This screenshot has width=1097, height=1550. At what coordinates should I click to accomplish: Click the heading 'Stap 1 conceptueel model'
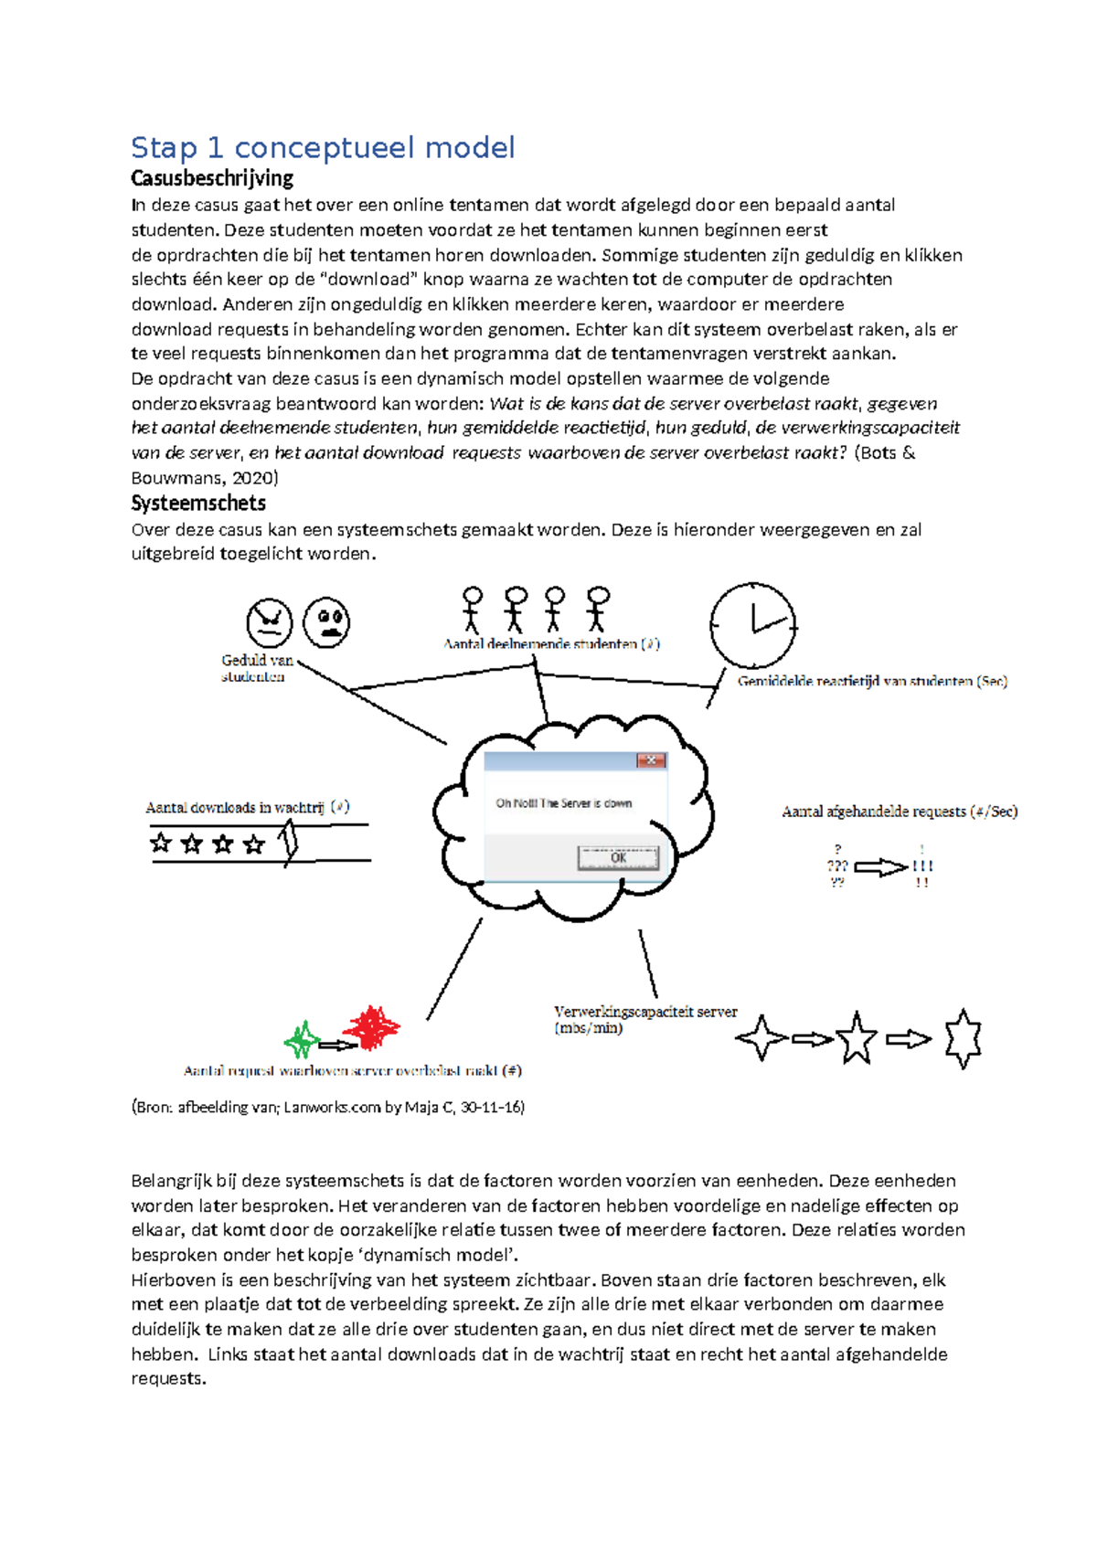point(323,147)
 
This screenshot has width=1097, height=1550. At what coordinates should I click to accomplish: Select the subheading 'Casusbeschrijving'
point(212,177)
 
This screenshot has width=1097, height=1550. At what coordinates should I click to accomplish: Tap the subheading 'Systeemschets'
point(198,503)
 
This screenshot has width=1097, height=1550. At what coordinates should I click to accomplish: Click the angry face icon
point(269,622)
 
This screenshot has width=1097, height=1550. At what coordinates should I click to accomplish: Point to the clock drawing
point(753,626)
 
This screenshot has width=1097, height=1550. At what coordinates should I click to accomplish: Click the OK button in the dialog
point(618,857)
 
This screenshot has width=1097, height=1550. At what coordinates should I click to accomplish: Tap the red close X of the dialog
point(651,759)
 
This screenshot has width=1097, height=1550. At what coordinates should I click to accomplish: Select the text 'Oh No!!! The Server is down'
point(563,803)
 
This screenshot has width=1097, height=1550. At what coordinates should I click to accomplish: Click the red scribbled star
point(371,1028)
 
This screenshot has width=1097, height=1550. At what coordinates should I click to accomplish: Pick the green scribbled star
point(302,1040)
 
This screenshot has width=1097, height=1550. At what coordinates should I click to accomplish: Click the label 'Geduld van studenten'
point(256,668)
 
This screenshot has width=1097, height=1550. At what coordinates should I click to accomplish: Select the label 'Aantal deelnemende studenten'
point(551,643)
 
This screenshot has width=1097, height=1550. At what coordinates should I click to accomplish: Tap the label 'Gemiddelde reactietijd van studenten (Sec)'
point(872,681)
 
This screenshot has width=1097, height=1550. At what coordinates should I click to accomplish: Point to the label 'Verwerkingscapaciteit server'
point(644,1019)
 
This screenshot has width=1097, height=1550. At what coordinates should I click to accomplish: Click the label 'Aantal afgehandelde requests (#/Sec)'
point(900,811)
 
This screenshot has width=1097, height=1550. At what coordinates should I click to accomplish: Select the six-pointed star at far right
point(963,1038)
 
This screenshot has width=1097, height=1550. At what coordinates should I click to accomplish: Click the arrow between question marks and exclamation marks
point(880,867)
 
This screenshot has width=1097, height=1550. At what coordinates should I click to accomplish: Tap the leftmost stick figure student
point(472,609)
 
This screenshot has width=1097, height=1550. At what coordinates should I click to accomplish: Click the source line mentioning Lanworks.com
point(328,1107)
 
